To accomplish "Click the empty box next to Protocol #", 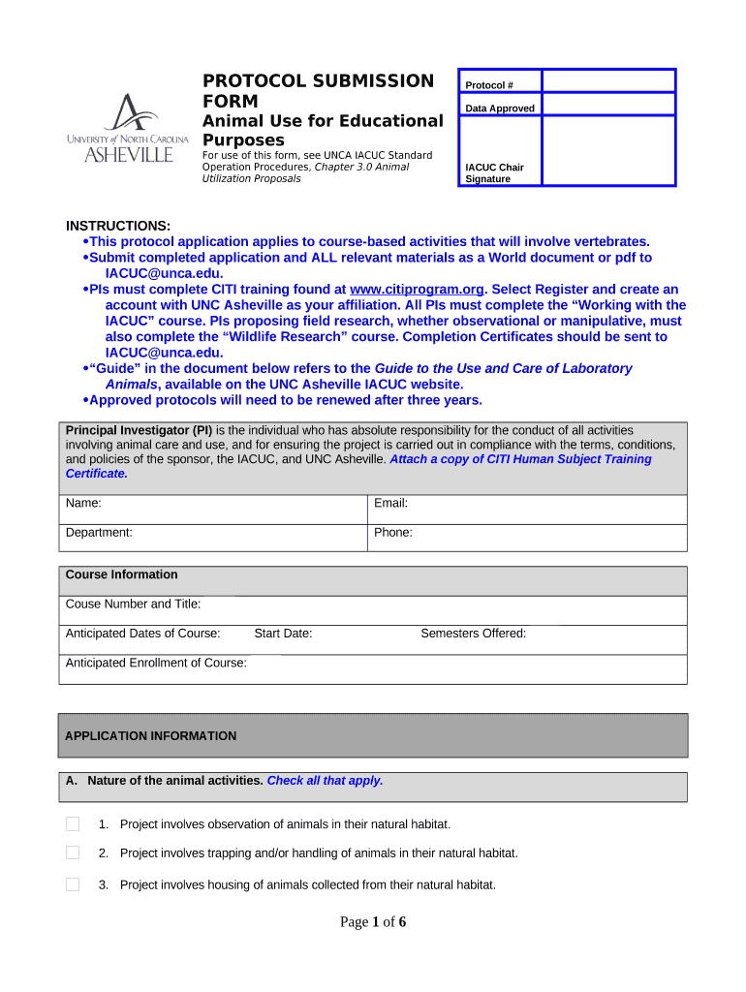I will (607, 80).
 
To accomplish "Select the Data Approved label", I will (499, 108).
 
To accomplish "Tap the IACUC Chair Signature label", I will (494, 173).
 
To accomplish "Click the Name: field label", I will (83, 504).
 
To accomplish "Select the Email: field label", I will (390, 504).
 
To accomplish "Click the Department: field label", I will (99, 533).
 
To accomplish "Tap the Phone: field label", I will (392, 533).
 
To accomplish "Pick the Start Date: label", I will (283, 634).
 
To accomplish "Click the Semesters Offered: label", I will (473, 634).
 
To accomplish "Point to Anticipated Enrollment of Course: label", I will (156, 664).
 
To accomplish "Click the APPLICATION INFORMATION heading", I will (150, 736).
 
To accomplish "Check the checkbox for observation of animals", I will (73, 824).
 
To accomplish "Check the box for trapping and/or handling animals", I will (73, 853).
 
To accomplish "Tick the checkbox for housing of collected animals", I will (73, 884).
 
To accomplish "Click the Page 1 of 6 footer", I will (372, 922).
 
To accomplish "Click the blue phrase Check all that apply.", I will (325, 781).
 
